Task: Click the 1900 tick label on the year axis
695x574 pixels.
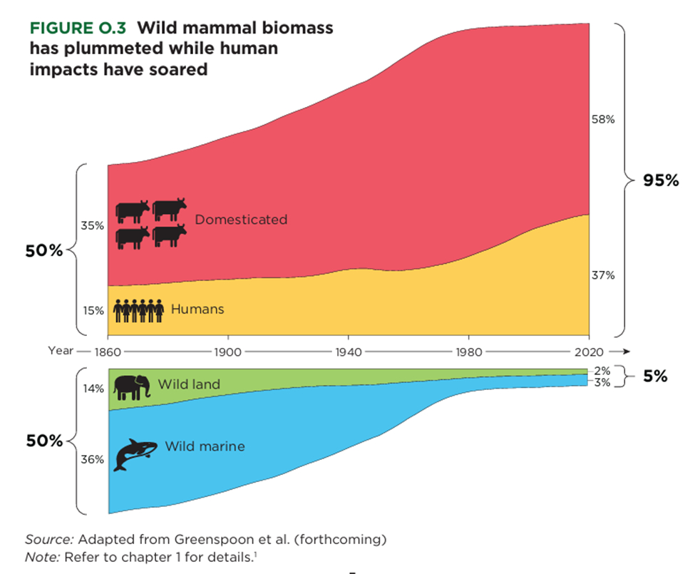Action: click(227, 352)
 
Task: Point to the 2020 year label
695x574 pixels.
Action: click(589, 352)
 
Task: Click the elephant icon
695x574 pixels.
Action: click(131, 387)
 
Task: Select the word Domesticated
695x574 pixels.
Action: click(241, 220)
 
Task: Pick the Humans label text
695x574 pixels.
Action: click(197, 309)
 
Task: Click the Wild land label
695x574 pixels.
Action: click(189, 384)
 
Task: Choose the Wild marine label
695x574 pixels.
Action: click(205, 447)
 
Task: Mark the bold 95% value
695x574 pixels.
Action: click(661, 180)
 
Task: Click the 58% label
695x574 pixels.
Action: click(602, 120)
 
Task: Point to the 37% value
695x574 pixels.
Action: click(602, 275)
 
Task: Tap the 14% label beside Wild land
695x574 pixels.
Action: click(93, 389)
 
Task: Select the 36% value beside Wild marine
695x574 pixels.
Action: click(93, 460)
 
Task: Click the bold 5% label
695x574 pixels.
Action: click(655, 376)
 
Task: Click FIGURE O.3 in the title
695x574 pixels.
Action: click(78, 29)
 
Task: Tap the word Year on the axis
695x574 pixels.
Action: click(61, 351)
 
